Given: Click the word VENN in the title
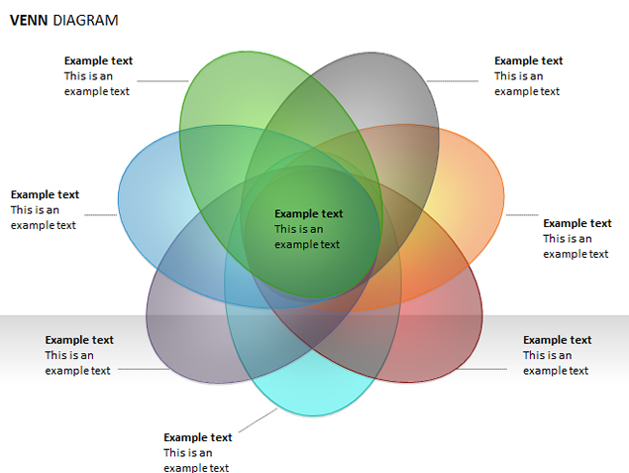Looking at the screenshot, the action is (29, 20).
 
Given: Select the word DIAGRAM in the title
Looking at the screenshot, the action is (85, 20).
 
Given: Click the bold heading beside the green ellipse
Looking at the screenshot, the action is (98, 60).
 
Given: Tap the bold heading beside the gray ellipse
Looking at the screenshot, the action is (528, 60).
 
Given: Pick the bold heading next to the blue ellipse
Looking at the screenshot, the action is (45, 194).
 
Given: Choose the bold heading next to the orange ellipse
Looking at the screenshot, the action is (577, 223).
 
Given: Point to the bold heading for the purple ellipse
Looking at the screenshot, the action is (79, 340).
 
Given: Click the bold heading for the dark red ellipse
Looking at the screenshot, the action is (558, 340).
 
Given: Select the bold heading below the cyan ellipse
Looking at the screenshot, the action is (198, 437).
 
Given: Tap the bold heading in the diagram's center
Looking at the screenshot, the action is (308, 213).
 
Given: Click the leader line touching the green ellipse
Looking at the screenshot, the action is (162, 81).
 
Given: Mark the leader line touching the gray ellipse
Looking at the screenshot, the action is (453, 81).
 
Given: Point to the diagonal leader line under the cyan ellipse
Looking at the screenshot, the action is (258, 420).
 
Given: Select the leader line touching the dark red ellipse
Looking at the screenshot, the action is (482, 369).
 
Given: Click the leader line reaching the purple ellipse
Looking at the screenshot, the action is (144, 369).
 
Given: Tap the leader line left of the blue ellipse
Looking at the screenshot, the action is (101, 215).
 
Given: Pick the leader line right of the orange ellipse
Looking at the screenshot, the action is (522, 215).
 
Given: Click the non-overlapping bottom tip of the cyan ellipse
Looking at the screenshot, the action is (312, 415).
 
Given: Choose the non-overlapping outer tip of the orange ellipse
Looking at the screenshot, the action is (503, 196).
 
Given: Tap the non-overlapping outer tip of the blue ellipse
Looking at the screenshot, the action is (119, 199).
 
